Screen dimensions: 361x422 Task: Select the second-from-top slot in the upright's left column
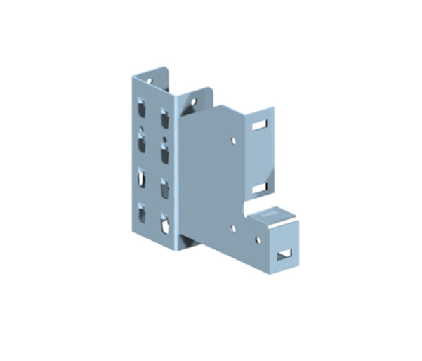(142, 143)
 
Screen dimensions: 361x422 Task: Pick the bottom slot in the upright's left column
(142, 212)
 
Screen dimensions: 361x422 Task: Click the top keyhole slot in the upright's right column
(166, 114)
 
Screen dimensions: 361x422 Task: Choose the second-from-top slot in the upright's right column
(166, 151)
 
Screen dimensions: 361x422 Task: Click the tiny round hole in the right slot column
(166, 136)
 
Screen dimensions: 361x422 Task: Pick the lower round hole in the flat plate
(233, 228)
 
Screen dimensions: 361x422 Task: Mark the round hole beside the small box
(257, 239)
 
